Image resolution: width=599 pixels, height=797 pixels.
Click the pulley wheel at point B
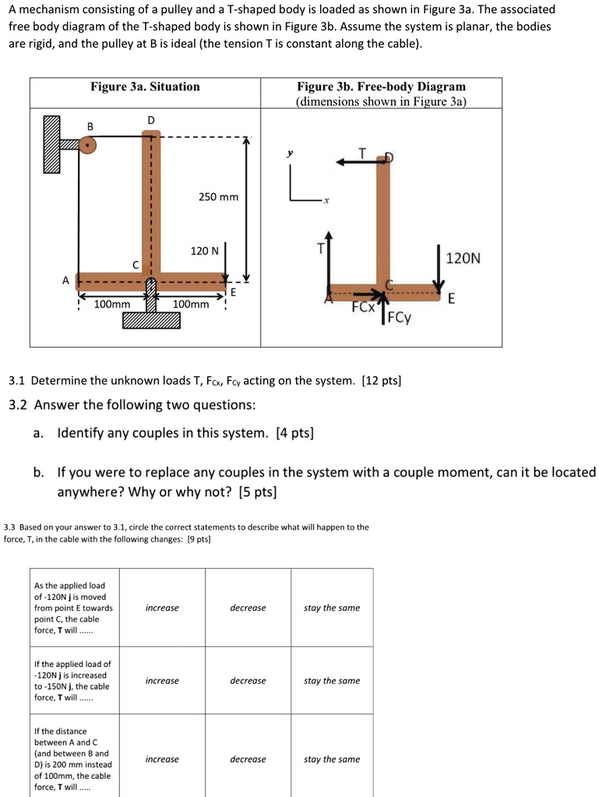point(89,145)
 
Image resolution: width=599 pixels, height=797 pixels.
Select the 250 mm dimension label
point(218,197)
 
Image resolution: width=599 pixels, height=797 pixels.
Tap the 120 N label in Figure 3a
point(206,251)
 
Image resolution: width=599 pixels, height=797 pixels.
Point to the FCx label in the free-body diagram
point(363,307)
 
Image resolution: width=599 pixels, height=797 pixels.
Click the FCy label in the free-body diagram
point(400,318)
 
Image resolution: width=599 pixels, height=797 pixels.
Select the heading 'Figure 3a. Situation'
point(145,86)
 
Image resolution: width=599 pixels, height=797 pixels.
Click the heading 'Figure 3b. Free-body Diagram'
point(381,86)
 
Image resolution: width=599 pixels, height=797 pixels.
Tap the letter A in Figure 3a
point(66,280)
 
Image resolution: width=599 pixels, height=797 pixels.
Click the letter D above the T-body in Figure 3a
point(151,119)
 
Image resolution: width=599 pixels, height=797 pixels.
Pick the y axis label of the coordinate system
point(290,154)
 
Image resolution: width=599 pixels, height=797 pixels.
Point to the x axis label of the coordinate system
point(326,201)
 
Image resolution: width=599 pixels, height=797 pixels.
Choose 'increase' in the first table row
point(162,608)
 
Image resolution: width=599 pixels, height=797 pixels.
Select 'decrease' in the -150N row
point(248,681)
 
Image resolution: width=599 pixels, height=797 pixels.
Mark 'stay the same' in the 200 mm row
point(332,759)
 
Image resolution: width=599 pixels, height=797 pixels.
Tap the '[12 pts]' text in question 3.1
point(382,381)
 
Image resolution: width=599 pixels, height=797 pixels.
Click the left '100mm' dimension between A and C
point(112,305)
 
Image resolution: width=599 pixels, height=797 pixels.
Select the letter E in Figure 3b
point(452,299)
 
